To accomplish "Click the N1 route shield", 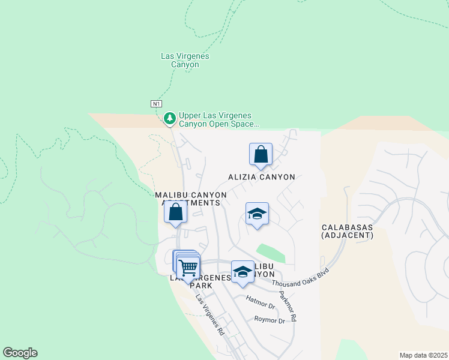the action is coord(156,104).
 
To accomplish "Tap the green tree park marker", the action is coord(170,118).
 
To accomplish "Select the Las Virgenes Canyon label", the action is coord(185,60).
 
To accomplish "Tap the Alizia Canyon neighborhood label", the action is coord(262,177).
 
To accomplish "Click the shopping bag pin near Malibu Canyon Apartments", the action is coord(175,212).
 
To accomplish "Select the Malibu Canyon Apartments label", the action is coord(191,199).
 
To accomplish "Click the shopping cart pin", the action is coord(188,266).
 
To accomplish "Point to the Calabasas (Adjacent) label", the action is coord(348,231).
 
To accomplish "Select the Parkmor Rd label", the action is coord(287,307).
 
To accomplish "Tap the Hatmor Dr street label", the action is coord(260,305).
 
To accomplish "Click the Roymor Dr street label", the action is coord(270,320).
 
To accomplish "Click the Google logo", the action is coord(20,353).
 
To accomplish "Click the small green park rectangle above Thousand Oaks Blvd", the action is coord(271,253).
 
